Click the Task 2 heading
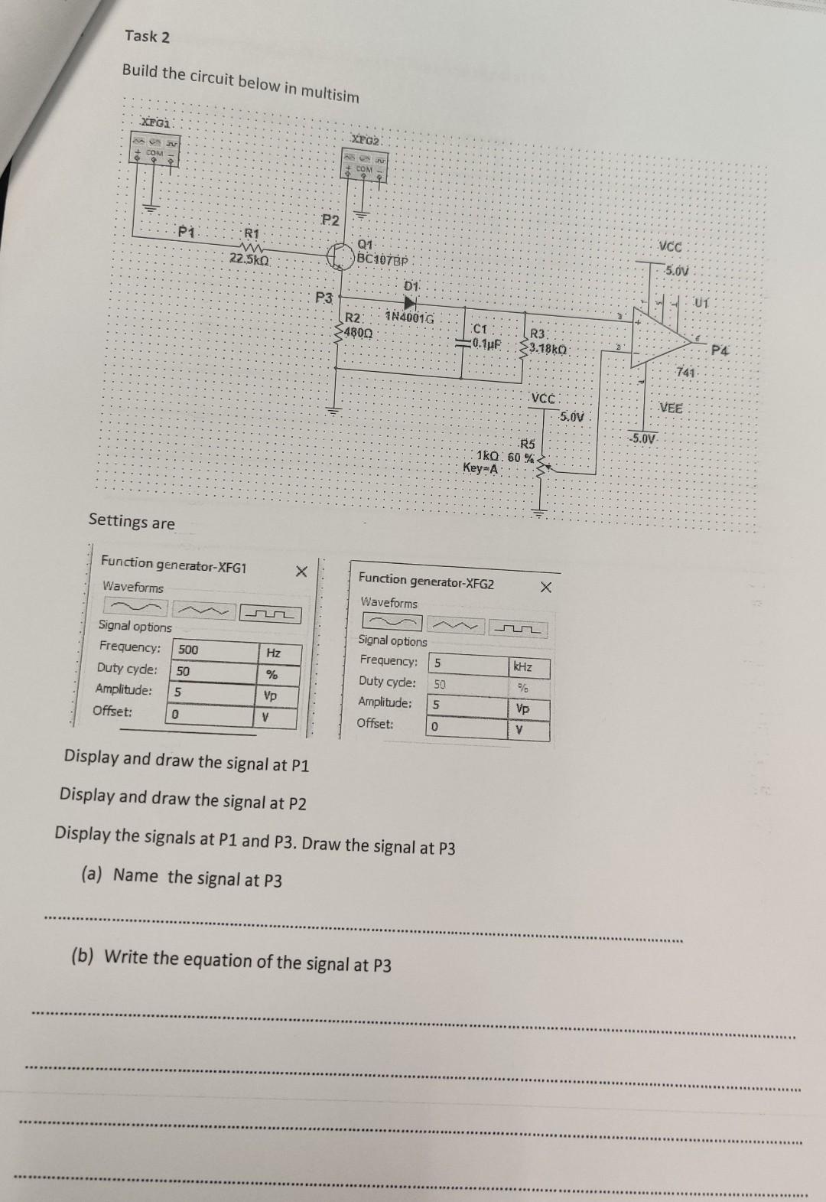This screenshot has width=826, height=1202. pyautogui.click(x=148, y=36)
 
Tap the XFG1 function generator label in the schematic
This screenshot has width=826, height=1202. pyautogui.click(x=158, y=122)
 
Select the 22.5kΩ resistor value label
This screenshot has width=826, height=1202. pyautogui.click(x=249, y=259)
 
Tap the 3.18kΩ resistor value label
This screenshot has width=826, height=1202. pyautogui.click(x=546, y=349)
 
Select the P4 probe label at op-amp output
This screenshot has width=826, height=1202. pyautogui.click(x=720, y=351)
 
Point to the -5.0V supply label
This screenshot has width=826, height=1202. pyautogui.click(x=642, y=439)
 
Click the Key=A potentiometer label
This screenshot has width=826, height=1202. pyautogui.click(x=481, y=468)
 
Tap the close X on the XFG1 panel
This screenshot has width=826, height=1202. pyautogui.click(x=301, y=572)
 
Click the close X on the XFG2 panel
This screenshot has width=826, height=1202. pyautogui.click(x=545, y=588)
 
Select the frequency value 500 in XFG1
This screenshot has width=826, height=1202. pyautogui.click(x=188, y=650)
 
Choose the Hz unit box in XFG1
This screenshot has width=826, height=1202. pyautogui.click(x=273, y=653)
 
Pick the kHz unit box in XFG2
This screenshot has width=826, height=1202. pyautogui.click(x=523, y=666)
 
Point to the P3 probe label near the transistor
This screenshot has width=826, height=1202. pyautogui.click(x=324, y=296)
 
